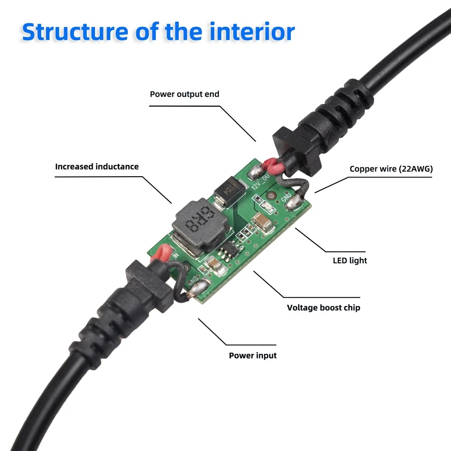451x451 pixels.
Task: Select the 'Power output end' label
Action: pos(184,94)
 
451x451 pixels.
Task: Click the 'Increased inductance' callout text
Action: pos(97,166)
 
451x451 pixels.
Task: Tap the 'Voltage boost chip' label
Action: pos(323,308)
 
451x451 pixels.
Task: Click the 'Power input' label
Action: pos(252,355)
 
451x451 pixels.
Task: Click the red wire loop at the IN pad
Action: pos(163,254)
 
